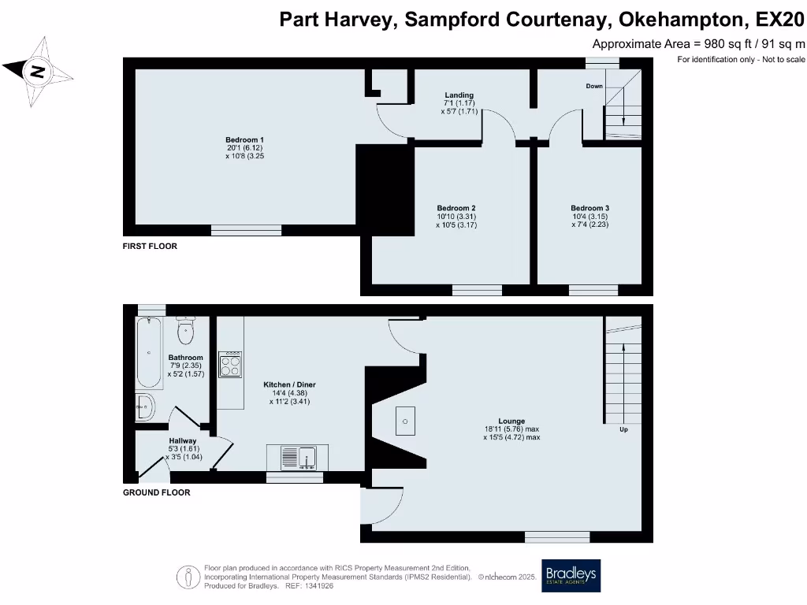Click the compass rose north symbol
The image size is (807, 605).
click(x=36, y=72)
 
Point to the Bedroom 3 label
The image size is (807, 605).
click(x=590, y=208)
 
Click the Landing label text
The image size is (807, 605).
click(x=458, y=95)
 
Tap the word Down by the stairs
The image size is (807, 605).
click(x=593, y=86)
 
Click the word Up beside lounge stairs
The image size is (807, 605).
click(x=623, y=430)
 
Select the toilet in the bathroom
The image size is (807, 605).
click(x=186, y=330)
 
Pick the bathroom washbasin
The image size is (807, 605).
click(x=146, y=407)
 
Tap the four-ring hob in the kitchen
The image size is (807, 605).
click(x=230, y=365)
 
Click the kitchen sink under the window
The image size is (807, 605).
click(x=297, y=457)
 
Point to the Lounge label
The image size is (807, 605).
click(x=511, y=421)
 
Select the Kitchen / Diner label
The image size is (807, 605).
click(x=289, y=385)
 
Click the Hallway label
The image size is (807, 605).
click(x=183, y=441)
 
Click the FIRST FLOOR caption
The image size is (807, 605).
click(x=150, y=247)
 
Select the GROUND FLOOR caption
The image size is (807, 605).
click(x=156, y=492)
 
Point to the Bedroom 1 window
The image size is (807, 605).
click(x=246, y=230)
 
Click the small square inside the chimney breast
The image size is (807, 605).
click(x=404, y=421)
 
